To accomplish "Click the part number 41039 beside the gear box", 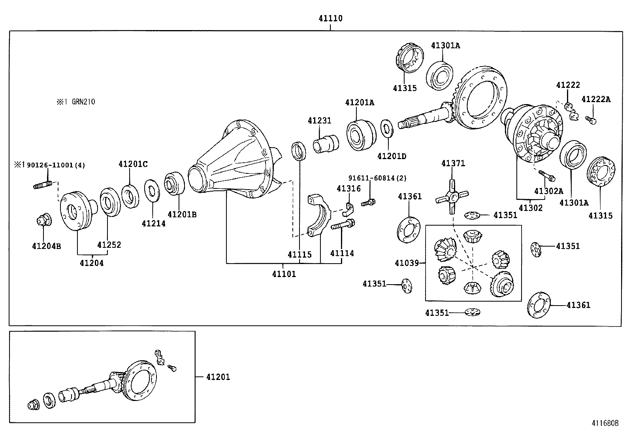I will pos(406,263).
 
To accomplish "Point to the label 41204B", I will pos(46,246).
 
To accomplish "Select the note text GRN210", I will pos(83,102).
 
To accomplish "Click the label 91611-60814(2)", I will pos(377,179).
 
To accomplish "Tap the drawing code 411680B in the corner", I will pos(605,423).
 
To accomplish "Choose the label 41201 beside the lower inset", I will pos(218,377).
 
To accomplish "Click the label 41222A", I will pos(596,99).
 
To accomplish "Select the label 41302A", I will pos(548,191).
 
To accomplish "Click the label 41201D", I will pos(391,156).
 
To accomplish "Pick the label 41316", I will pos(348,189).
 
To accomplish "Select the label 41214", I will pos(153,224).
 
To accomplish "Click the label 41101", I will pos(284,274).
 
